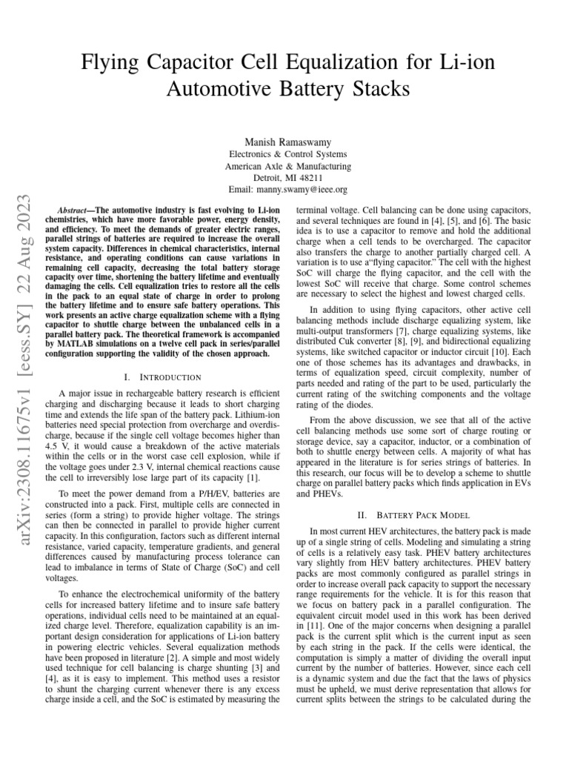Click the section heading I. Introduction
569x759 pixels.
coord(164,377)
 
